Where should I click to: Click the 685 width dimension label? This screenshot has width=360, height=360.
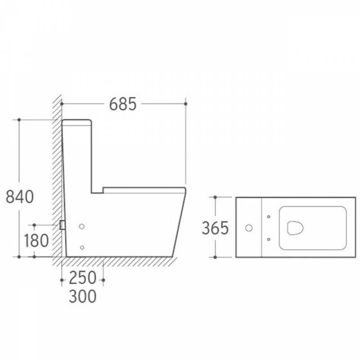[x=123, y=104]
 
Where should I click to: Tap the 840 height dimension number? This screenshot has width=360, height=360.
[x=20, y=197]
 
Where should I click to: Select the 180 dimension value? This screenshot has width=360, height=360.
[x=36, y=241]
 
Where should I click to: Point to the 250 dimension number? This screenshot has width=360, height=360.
[x=83, y=278]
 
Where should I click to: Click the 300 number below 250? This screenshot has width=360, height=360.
[x=83, y=296]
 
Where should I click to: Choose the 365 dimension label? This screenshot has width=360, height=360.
[x=215, y=228]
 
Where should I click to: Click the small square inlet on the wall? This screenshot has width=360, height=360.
[x=62, y=225]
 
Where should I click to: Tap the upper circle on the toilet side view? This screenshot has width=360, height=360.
[x=82, y=227]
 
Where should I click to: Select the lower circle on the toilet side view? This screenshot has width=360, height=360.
[x=82, y=247]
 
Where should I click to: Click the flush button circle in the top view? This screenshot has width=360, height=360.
[x=249, y=228]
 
